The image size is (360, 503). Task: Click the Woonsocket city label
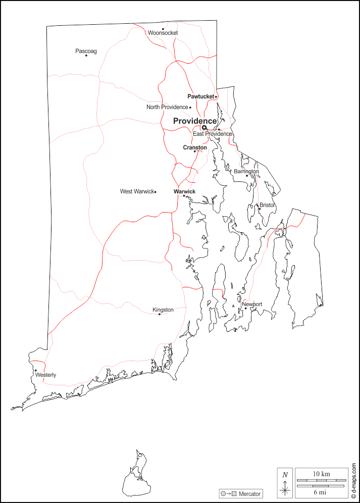(x=163, y=33)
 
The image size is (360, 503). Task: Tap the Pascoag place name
(x=86, y=51)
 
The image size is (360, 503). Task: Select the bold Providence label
(x=195, y=121)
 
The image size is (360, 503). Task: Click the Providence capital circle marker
(x=204, y=128)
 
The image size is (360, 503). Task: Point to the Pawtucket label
(x=200, y=96)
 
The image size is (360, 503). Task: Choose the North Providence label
(x=167, y=107)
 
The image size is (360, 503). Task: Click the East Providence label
(x=212, y=134)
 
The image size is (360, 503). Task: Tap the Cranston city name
(x=194, y=147)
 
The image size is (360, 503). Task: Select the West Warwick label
(x=136, y=191)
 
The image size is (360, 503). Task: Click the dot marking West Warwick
(x=156, y=192)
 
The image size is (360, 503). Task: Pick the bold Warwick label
(x=184, y=191)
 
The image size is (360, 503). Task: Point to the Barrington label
(x=246, y=171)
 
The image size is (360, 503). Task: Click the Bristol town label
(x=267, y=205)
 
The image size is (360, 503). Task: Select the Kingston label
(x=163, y=310)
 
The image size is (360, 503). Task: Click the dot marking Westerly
(x=35, y=370)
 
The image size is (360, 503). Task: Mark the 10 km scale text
(x=321, y=474)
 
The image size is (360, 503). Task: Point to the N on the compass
(x=285, y=475)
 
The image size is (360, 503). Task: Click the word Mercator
(x=249, y=493)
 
